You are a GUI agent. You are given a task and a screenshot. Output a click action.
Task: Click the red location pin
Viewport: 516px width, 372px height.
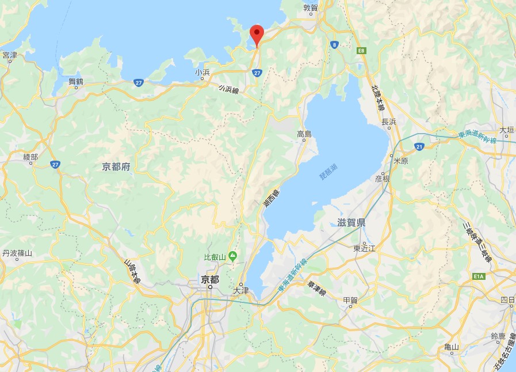pos(257,34)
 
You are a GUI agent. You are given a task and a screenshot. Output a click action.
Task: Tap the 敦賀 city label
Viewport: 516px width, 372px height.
pos(311,8)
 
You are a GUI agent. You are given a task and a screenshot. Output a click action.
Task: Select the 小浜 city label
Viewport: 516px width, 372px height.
pos(202,73)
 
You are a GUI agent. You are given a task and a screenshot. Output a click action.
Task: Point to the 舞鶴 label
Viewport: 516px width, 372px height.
pos(77,81)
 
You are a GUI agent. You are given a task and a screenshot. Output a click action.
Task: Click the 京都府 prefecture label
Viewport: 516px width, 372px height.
pos(116,167)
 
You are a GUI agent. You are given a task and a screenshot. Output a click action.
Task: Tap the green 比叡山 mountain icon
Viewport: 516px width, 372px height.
pos(233,255)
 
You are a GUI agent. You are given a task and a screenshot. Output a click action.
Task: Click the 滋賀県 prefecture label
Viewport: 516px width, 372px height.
pos(351,222)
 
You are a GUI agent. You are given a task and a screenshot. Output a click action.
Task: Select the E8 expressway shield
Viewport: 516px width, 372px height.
pos(361,51)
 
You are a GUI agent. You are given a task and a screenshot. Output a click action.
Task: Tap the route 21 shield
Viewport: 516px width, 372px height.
pos(419,147)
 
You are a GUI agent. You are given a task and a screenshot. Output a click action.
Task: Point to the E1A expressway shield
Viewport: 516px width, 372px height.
pos(477,277)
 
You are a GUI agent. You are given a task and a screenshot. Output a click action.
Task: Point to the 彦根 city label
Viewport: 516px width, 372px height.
pos(383,179)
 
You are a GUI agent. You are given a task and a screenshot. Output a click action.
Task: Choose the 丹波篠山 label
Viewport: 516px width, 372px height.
pos(17,253)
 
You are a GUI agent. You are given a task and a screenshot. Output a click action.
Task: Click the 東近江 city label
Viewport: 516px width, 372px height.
pos(364,248)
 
